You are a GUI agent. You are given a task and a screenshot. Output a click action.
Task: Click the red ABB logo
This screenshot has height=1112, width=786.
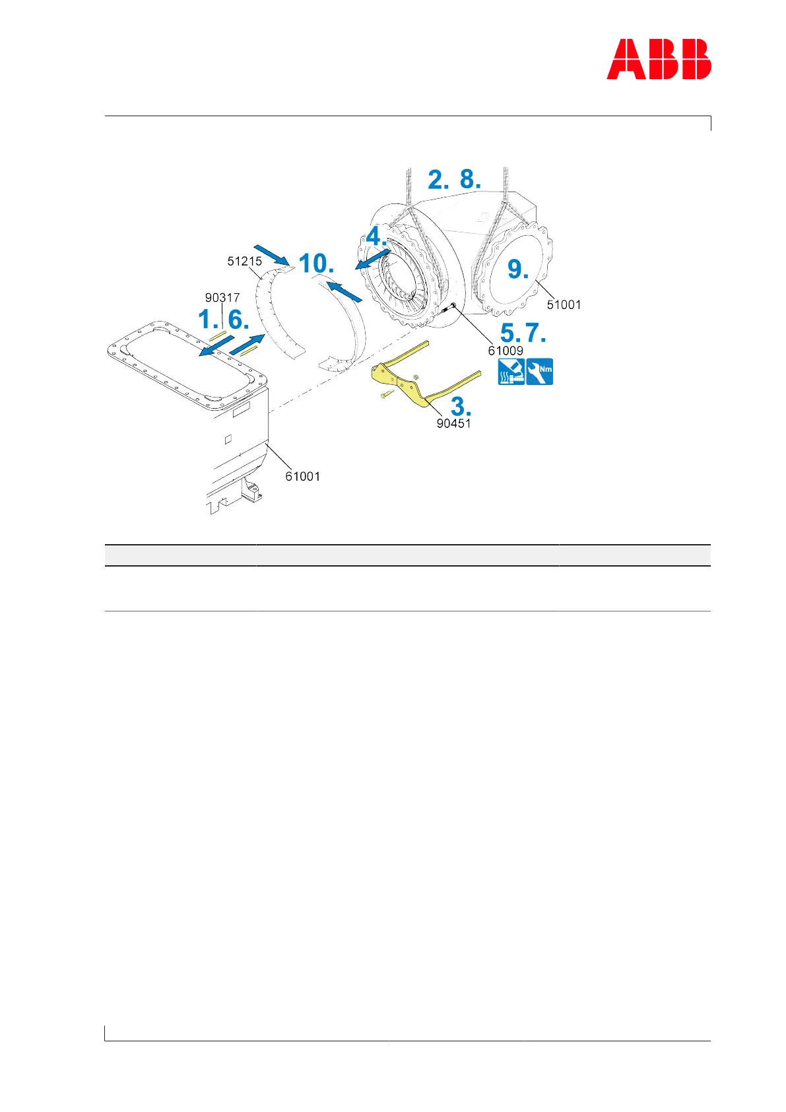(x=658, y=59)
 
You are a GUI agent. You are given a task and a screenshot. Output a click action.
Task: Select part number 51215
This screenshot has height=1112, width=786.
(x=244, y=261)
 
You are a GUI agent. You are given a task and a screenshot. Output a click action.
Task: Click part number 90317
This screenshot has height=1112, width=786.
(x=222, y=298)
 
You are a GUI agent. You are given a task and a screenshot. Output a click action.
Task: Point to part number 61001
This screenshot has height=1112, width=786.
(x=302, y=476)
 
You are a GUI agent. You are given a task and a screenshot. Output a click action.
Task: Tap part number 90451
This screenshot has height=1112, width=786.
(x=453, y=423)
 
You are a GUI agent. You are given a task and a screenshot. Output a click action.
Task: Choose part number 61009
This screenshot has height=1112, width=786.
(x=506, y=351)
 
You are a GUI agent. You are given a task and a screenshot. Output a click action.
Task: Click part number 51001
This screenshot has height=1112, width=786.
(x=564, y=304)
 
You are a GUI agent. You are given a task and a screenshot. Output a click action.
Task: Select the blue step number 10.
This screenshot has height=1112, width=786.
(x=316, y=263)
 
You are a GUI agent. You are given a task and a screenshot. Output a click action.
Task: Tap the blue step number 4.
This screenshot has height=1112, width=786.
(x=376, y=236)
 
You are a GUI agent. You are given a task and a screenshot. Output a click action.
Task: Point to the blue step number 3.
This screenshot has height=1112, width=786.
(x=461, y=406)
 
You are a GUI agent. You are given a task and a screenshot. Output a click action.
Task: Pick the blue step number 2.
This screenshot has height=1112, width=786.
(x=438, y=180)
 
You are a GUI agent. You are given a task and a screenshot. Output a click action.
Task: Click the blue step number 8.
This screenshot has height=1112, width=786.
(x=469, y=180)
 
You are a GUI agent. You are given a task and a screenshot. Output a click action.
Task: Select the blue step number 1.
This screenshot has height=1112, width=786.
(x=208, y=320)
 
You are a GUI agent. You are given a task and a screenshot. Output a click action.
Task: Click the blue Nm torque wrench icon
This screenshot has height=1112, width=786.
(x=540, y=371)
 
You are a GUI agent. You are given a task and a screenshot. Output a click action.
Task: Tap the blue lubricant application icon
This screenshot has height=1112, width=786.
(x=511, y=371)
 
